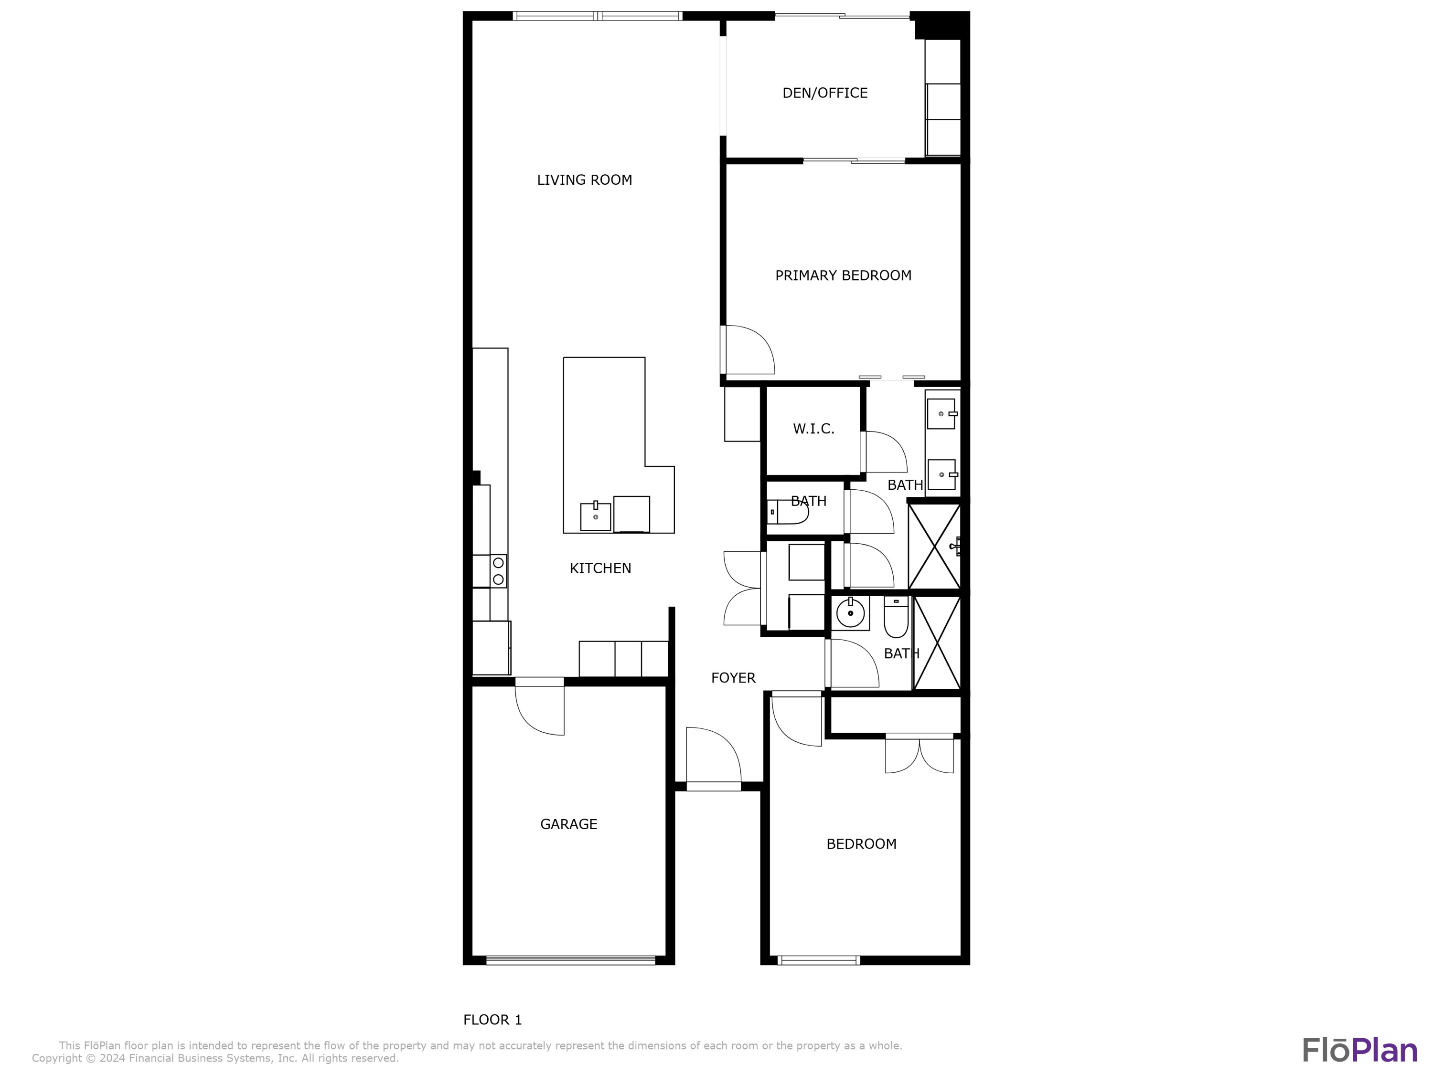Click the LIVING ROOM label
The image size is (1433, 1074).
pos(584,180)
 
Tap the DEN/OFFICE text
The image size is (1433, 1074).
pos(824,93)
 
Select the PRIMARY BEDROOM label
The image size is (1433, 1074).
pos(843,276)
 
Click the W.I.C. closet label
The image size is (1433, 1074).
pos(813,429)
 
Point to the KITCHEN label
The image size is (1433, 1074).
pos(600,569)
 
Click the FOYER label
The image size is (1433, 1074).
pos(733,678)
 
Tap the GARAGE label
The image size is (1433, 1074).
pos(568,824)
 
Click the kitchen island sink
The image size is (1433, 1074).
pos(595,516)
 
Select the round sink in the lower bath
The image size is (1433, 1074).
pos(850,612)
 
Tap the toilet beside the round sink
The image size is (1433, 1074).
pos(896,618)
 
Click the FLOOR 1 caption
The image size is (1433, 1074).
pos(492,1020)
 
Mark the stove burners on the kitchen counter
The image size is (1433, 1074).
pos(498,571)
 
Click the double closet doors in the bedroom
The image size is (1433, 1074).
pos(920,754)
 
